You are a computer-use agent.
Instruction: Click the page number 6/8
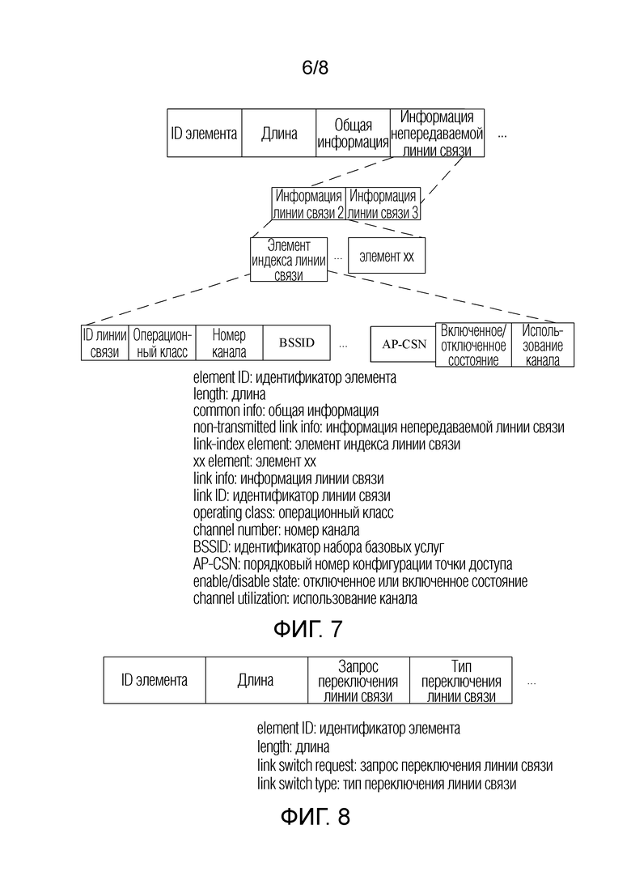click(x=315, y=68)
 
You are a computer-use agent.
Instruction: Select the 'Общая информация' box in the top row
click(x=353, y=133)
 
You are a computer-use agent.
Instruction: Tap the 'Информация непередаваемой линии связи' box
click(x=437, y=133)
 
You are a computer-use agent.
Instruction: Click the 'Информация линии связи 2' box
click(x=308, y=204)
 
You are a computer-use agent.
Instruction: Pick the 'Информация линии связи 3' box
click(x=383, y=204)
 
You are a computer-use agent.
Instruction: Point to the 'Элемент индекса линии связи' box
click(x=289, y=260)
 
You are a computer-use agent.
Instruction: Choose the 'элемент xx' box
click(x=387, y=256)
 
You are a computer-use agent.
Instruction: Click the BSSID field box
click(x=296, y=342)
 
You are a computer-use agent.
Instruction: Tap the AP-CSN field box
click(x=404, y=344)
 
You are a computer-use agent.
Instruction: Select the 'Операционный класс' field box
click(x=163, y=342)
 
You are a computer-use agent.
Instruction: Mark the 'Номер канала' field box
click(x=229, y=342)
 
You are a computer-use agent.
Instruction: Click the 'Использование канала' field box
click(x=543, y=345)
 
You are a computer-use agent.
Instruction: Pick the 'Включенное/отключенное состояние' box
click(x=473, y=345)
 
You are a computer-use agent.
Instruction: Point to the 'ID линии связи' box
click(x=105, y=342)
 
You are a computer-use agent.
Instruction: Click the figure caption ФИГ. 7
click(x=308, y=629)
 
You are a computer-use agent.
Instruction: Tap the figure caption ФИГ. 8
click(x=315, y=817)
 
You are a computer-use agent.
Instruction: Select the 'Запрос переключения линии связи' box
click(x=358, y=680)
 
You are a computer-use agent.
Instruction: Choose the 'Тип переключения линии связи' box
click(x=461, y=680)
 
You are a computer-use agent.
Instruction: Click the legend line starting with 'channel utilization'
click(x=305, y=598)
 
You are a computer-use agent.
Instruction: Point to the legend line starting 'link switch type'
click(x=387, y=784)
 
